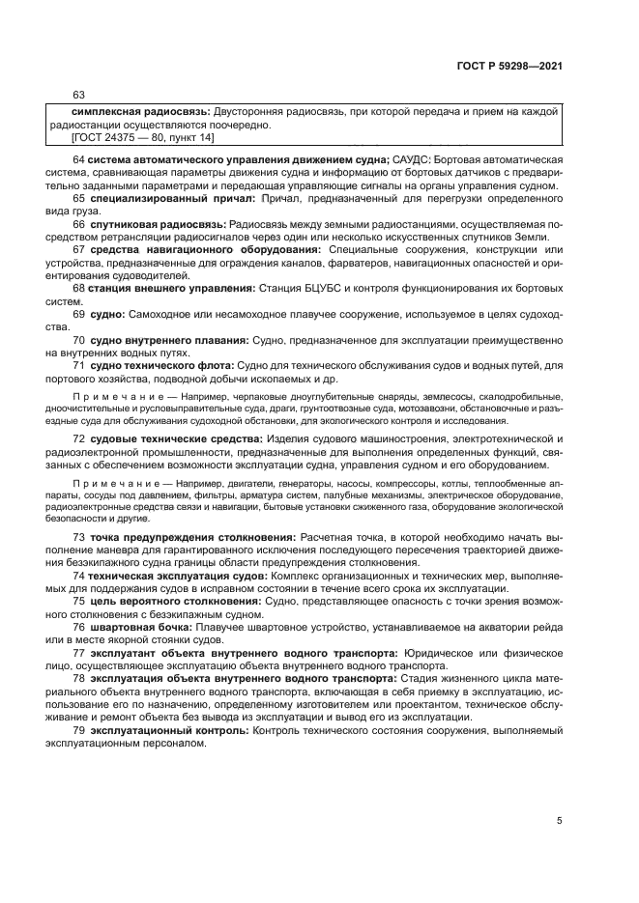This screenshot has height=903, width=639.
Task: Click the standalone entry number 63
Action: tap(79, 95)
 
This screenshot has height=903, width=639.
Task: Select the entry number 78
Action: tap(79, 678)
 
